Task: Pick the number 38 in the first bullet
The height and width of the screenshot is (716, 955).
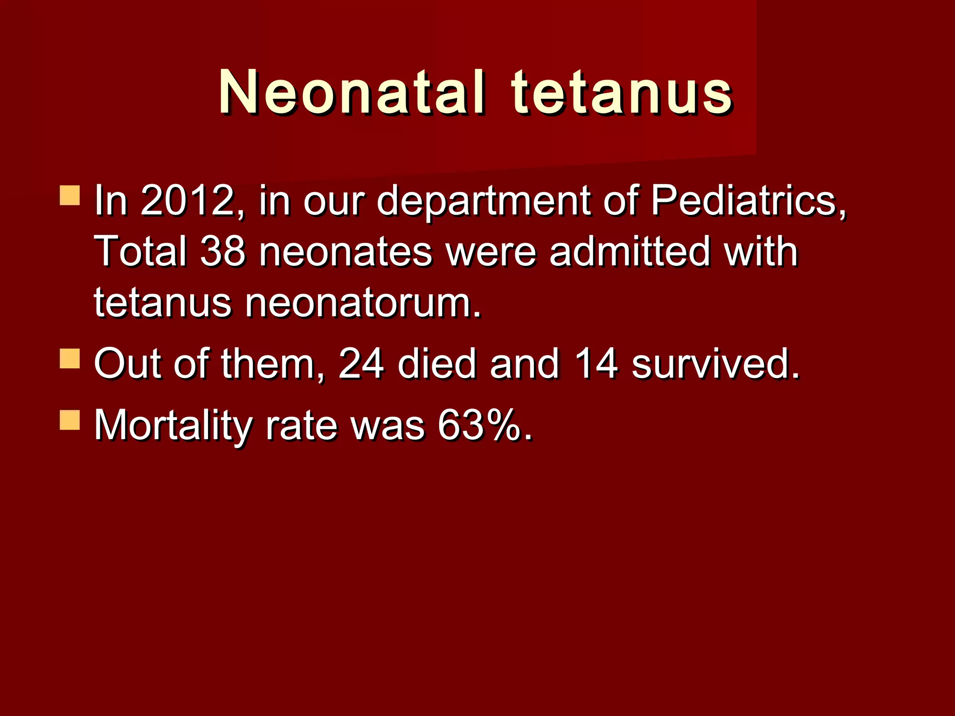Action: (223, 252)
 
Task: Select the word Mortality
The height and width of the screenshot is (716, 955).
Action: (173, 426)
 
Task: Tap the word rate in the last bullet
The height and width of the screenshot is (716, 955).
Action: (301, 425)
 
